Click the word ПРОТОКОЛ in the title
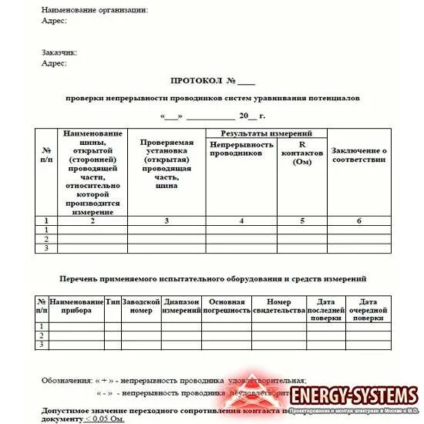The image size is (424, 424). pyautogui.click(x=195, y=80)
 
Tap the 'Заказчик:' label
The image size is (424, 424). pyautogui.click(x=59, y=52)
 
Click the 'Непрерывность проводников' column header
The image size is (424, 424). pyautogui.click(x=241, y=149)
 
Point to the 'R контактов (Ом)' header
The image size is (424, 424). pyautogui.click(x=302, y=152)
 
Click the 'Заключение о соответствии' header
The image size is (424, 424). pyautogui.click(x=358, y=154)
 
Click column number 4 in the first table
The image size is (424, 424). pyautogui.click(x=241, y=221)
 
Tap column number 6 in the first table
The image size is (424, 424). pyautogui.click(x=358, y=221)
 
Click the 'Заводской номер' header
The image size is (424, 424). pyautogui.click(x=141, y=305)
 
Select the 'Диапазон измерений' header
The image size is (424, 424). pyautogui.click(x=181, y=305)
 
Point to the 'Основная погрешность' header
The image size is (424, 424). pyautogui.click(x=227, y=305)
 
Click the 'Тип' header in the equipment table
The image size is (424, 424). pyautogui.click(x=113, y=301)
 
